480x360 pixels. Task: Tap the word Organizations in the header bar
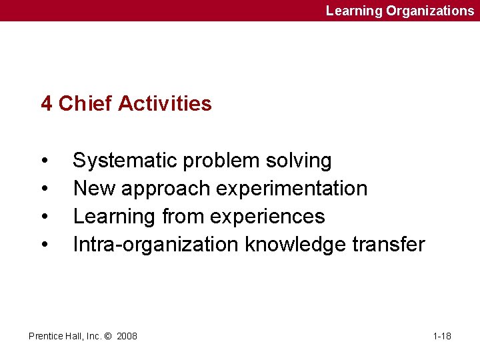coord(430,11)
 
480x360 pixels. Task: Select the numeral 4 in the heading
coord(47,103)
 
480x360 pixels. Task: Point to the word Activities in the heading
coord(165,103)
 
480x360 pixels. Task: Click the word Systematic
coord(125,161)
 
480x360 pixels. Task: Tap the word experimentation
coord(292,189)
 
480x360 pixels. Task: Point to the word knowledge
coord(297,245)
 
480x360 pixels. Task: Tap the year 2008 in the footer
coord(127,336)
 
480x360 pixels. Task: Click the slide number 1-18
coord(442,336)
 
